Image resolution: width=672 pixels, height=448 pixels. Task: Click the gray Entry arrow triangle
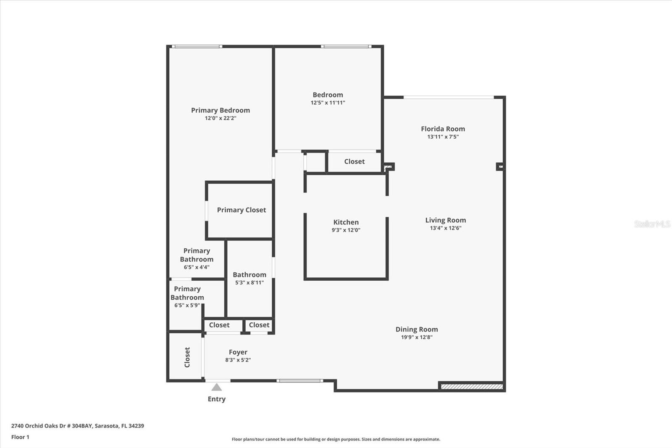[x=216, y=387]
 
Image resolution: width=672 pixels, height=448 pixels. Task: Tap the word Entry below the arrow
[x=217, y=399]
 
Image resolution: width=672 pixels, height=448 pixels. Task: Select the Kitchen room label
[x=346, y=222]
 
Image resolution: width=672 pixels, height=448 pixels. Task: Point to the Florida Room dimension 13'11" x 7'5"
[x=443, y=137]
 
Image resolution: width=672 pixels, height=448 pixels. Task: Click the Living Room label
[x=446, y=220]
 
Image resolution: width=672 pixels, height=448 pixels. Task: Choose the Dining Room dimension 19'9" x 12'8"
[x=417, y=337]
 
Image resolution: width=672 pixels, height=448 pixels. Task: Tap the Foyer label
[x=238, y=352]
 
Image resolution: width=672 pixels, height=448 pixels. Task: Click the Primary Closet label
[x=241, y=210]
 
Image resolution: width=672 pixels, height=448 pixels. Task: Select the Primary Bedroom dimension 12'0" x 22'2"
[x=220, y=118]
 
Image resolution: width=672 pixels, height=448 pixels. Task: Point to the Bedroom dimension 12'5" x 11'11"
[x=328, y=103]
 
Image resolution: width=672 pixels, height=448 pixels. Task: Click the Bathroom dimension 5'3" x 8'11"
[x=249, y=282]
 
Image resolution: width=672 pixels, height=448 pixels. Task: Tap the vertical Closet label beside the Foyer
[x=187, y=357]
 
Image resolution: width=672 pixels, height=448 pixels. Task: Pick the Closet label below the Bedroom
[x=354, y=161]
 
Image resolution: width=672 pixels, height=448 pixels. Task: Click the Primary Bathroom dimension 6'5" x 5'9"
[x=187, y=306]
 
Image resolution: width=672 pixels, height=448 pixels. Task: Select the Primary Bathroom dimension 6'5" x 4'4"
[x=197, y=267]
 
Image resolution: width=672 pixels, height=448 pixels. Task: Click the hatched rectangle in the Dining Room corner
[x=472, y=387]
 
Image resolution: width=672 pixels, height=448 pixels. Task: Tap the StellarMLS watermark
[x=652, y=224]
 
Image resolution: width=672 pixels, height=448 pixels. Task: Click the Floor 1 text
[x=21, y=437]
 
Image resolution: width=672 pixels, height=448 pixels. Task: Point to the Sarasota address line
[x=78, y=426]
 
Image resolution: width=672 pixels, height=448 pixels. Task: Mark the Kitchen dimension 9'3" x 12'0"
[x=346, y=230]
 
